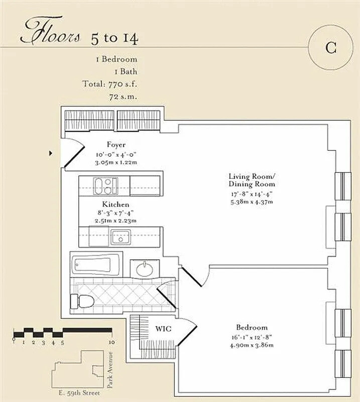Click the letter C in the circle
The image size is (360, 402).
[331, 47]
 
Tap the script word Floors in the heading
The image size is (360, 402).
[50, 31]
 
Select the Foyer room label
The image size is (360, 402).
[116, 145]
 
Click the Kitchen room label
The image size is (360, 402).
[115, 205]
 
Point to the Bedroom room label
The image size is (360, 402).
[252, 328]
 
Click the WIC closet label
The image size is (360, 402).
[163, 329]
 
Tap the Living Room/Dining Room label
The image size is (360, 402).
[252, 180]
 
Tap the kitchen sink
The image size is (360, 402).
[121, 237]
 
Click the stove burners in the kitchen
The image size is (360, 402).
[105, 186]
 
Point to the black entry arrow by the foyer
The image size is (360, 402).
[51, 153]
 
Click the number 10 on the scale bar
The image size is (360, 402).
[111, 342]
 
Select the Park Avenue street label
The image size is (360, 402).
[110, 369]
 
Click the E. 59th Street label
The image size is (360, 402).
[79, 393]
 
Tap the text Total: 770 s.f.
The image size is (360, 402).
[109, 84]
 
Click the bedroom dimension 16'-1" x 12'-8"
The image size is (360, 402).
[252, 337]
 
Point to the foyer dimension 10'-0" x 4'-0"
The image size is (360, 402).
[116, 155]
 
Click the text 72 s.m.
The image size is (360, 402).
[123, 96]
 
